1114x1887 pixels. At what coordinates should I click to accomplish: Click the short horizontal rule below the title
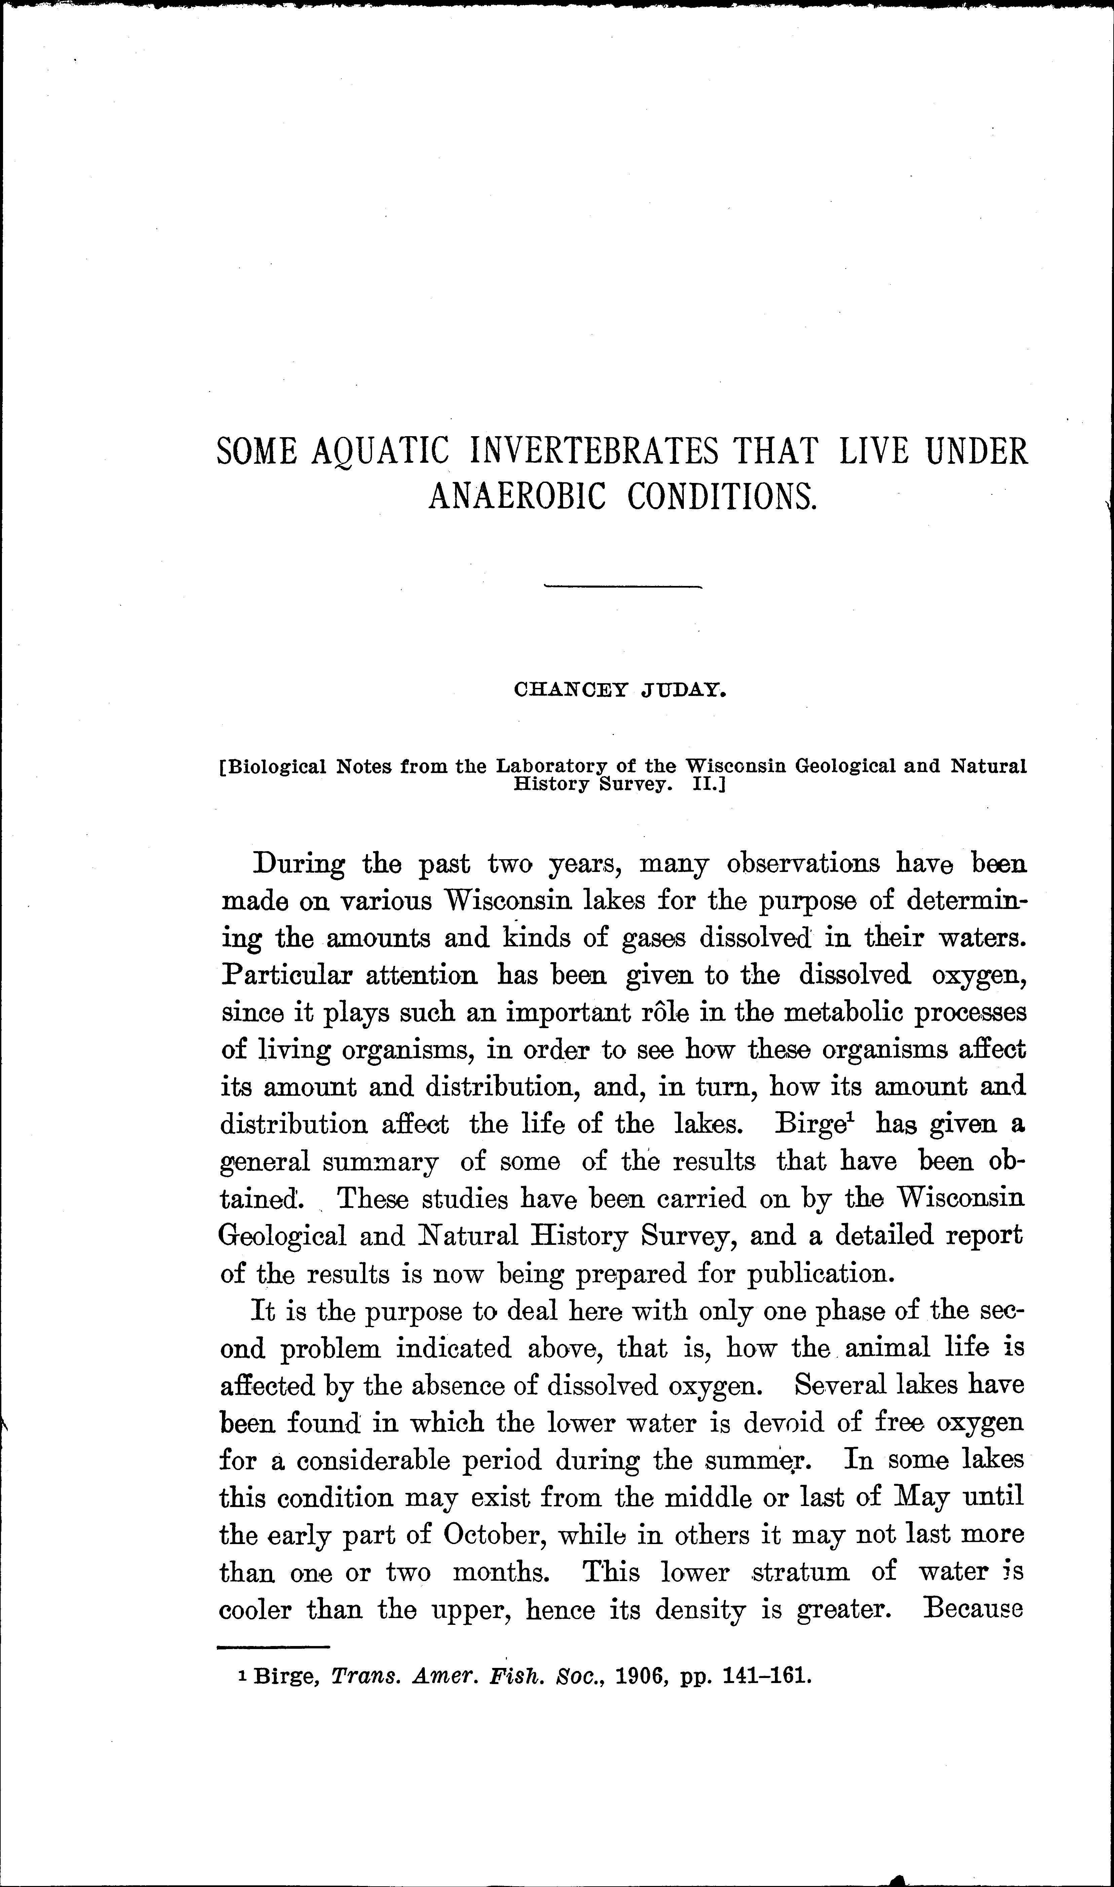coord(622,586)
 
